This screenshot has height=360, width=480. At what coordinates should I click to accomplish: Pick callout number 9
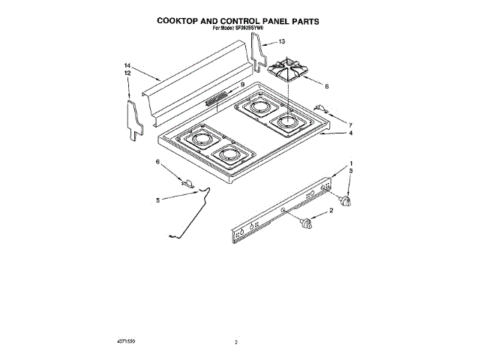click(242, 85)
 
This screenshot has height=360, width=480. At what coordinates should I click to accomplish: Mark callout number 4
click(351, 133)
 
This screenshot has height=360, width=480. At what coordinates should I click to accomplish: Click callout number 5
click(157, 200)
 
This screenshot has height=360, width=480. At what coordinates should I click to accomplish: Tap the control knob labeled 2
click(304, 223)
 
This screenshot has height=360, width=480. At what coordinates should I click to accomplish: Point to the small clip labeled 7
click(321, 109)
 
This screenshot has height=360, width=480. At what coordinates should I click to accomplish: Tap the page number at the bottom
click(235, 343)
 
